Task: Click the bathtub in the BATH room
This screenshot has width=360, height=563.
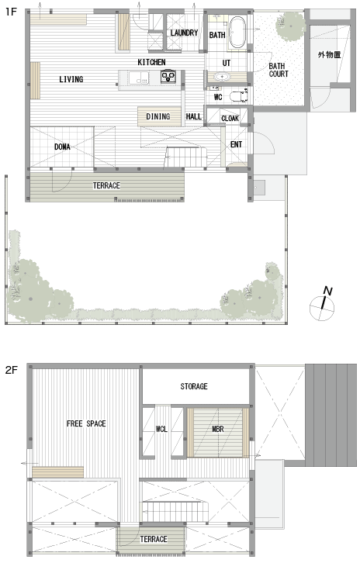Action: (237, 33)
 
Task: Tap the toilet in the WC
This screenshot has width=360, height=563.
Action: (237, 96)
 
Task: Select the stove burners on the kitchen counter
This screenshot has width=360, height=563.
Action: (168, 76)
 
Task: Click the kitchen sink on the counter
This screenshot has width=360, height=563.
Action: (139, 78)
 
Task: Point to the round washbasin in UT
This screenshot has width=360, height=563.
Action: (222, 77)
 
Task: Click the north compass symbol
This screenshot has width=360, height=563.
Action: (323, 305)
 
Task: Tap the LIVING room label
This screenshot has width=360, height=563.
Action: (71, 79)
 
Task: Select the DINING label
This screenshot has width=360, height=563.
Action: (158, 116)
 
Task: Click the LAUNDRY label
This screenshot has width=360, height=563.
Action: (184, 33)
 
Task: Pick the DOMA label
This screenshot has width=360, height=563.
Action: (62, 147)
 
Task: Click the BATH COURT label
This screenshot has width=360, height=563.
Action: (279, 70)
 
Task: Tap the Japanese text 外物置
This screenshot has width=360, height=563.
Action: (329, 55)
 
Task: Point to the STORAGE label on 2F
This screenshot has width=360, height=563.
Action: (194, 386)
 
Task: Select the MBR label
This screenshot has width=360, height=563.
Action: (218, 429)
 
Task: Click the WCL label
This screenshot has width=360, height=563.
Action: (161, 429)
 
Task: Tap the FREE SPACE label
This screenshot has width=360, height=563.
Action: (86, 423)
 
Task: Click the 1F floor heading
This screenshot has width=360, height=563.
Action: (11, 12)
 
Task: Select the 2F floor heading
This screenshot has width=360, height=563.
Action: (12, 370)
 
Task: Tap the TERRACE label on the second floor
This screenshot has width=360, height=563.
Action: (154, 539)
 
